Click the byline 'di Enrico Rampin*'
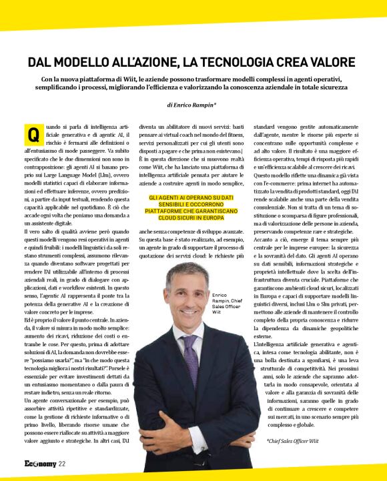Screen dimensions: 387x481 (x=193, y=105)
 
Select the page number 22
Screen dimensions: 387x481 (x=61, y=465)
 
